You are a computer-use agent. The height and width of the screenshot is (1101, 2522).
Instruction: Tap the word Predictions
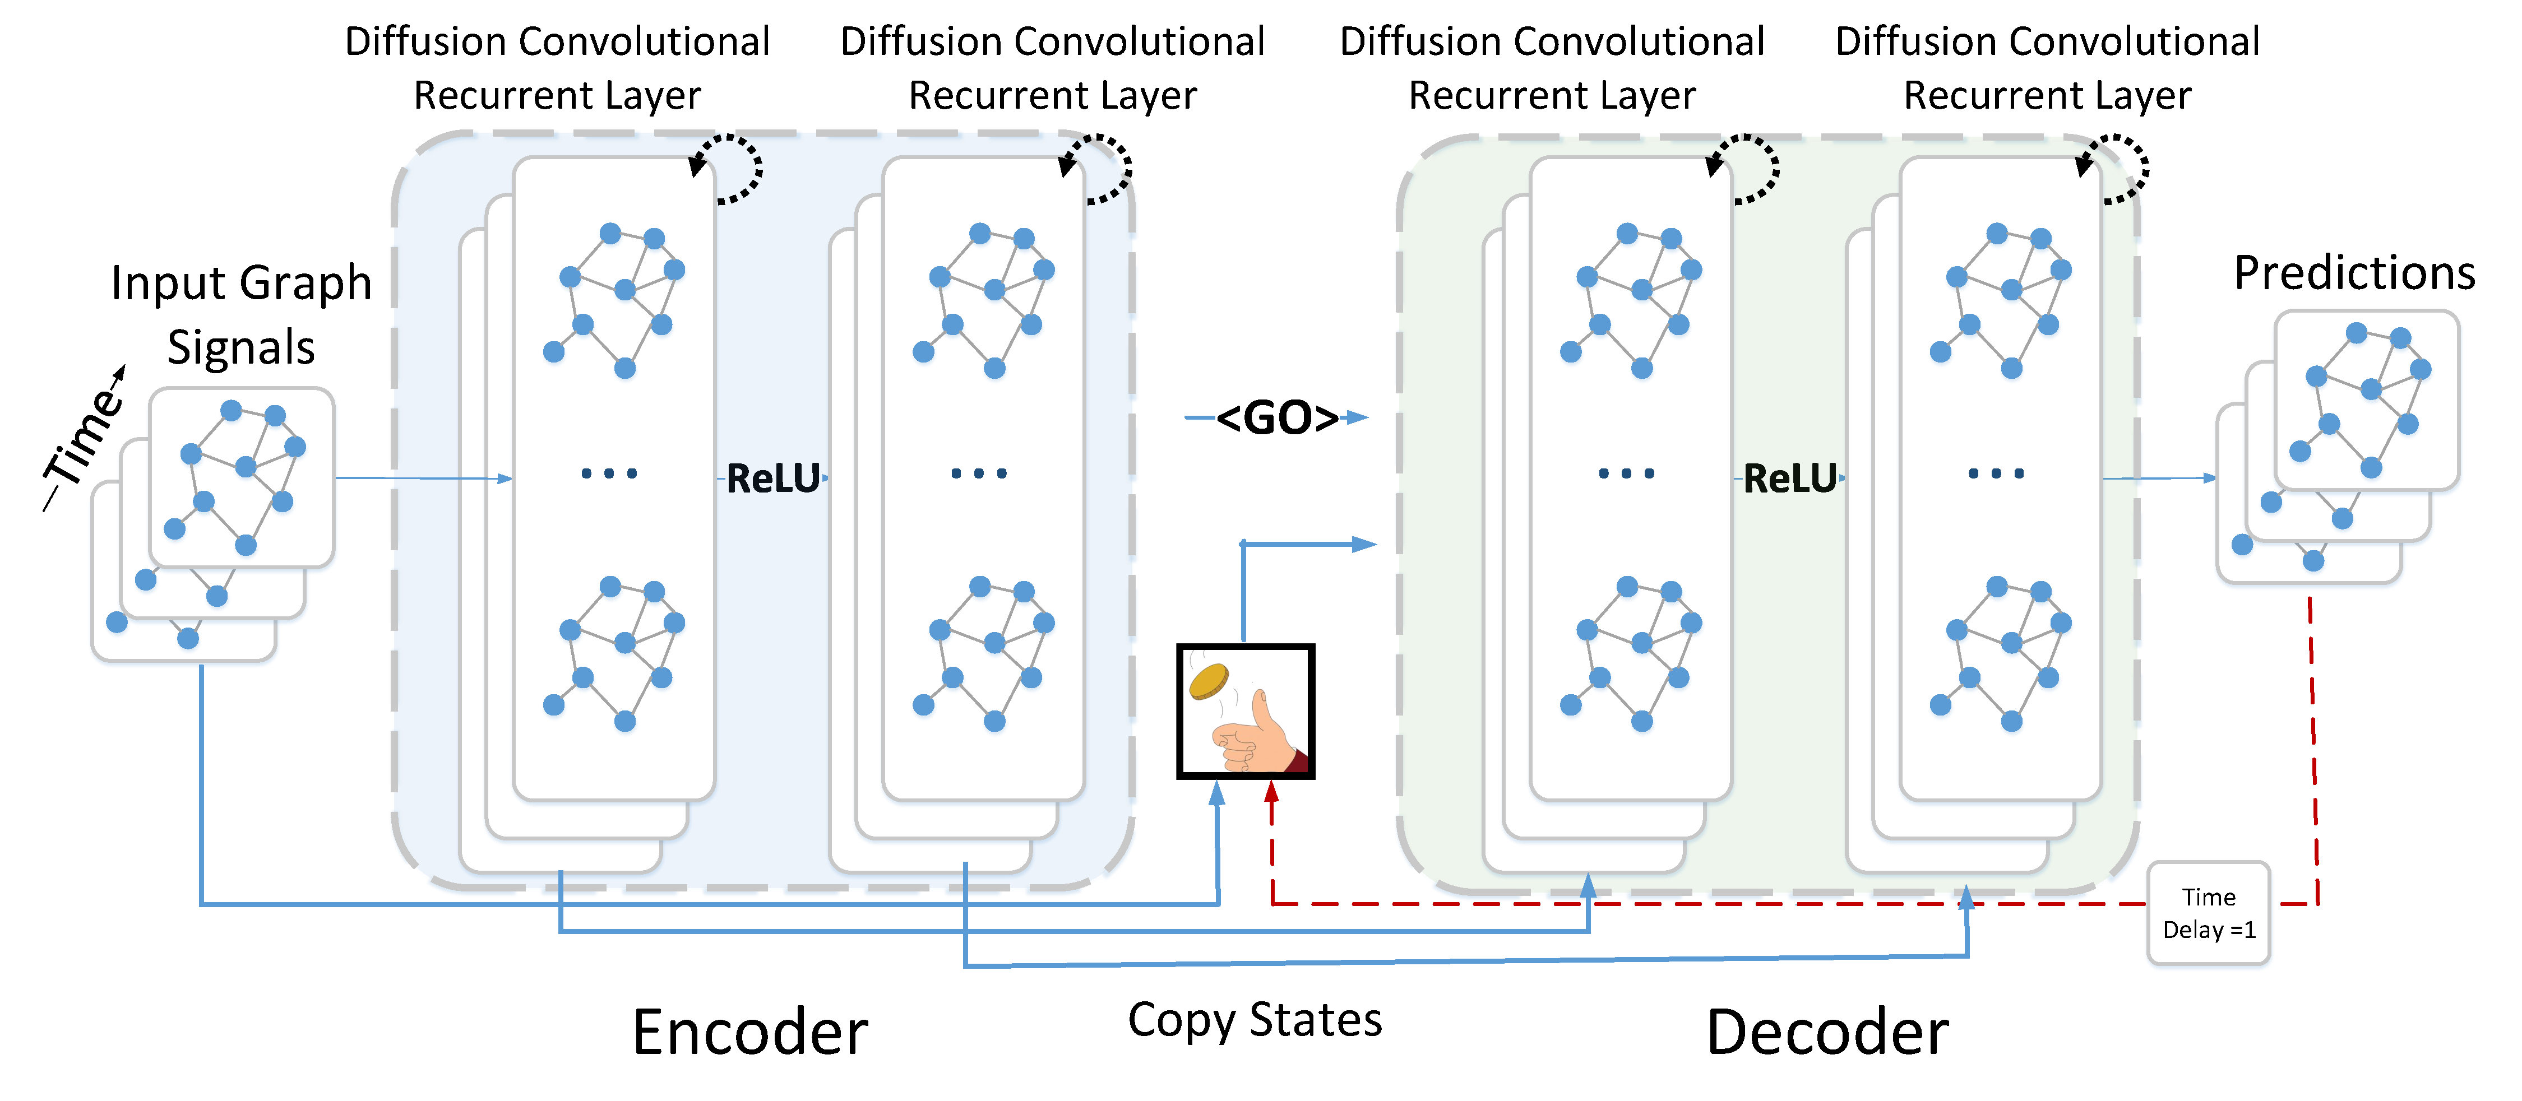tap(2354, 273)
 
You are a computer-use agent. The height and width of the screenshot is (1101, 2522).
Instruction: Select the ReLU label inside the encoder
tap(772, 479)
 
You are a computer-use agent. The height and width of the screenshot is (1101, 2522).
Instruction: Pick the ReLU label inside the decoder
tap(1790, 479)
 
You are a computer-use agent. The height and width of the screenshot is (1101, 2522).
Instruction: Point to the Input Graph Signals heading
tap(241, 314)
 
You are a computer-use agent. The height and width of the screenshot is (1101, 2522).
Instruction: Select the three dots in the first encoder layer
tap(609, 473)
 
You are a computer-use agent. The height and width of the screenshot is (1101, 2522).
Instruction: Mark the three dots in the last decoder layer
tap(1995, 473)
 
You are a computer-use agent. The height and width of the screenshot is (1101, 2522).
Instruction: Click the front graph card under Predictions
tap(2366, 399)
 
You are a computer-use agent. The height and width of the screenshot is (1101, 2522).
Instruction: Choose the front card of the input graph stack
tap(241, 477)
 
